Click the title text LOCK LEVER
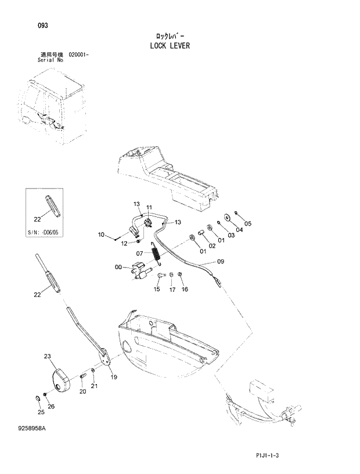point(168,45)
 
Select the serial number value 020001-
point(82,54)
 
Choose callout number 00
point(118,267)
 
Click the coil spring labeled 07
point(156,254)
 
